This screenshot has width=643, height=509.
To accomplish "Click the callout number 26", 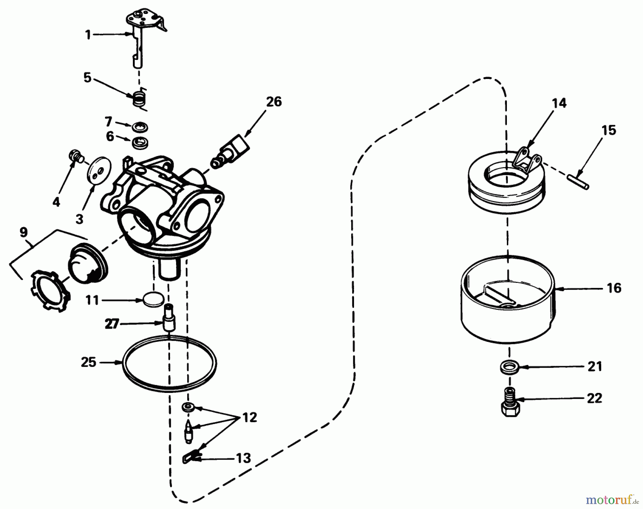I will click(274, 102).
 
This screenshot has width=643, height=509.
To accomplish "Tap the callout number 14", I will click(559, 103).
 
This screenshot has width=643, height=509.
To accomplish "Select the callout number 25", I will click(89, 363).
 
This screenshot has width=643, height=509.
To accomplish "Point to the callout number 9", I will click(24, 232).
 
